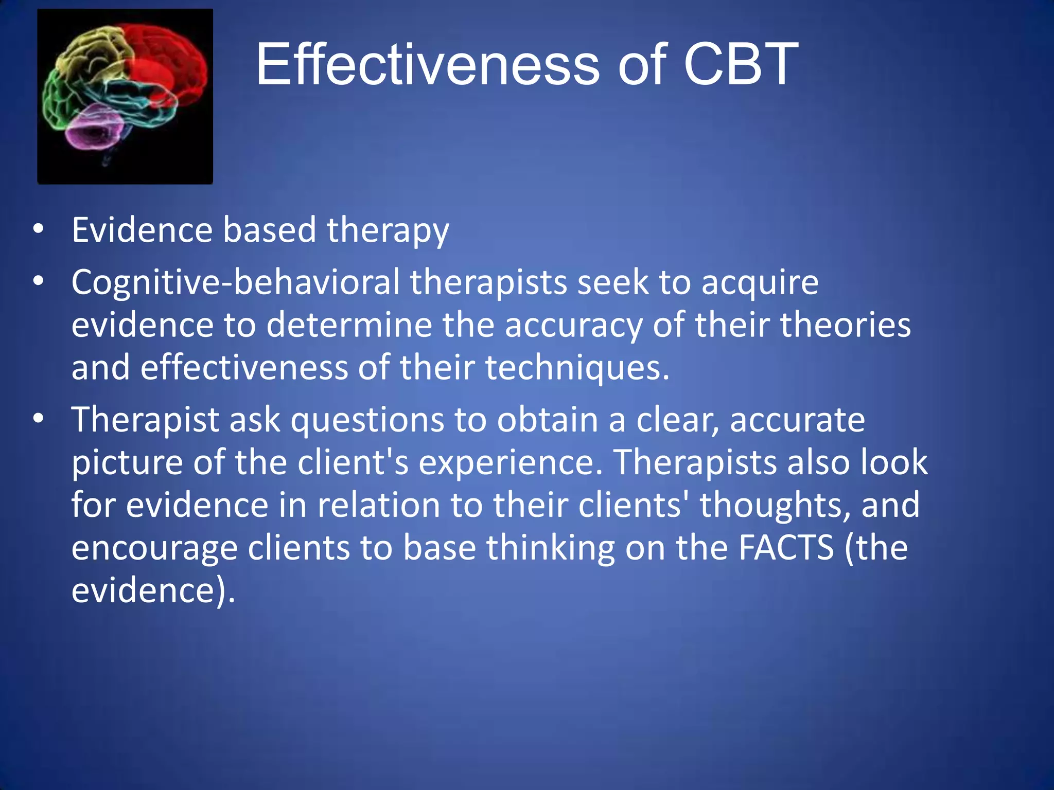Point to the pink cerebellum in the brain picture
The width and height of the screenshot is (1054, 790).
point(95,126)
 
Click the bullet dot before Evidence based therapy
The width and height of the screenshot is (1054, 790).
point(38,229)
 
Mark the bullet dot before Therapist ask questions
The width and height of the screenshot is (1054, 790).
point(38,419)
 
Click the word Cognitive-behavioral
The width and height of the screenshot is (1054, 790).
point(235,282)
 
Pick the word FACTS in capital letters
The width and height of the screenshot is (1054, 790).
point(786,547)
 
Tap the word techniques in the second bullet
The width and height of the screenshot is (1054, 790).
point(577,368)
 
